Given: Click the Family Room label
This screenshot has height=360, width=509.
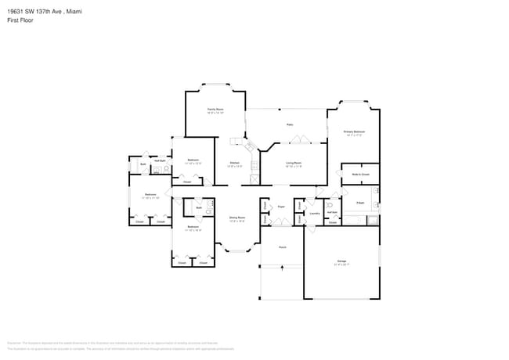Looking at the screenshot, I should (x=215, y=109).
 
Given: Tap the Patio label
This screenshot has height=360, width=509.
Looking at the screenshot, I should (x=289, y=124).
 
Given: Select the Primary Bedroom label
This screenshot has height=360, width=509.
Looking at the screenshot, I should (x=355, y=131).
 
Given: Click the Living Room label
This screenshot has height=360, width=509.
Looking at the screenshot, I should (x=294, y=162).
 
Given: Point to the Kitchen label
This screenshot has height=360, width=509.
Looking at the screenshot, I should (x=234, y=162).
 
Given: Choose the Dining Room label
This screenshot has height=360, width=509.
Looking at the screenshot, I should (x=237, y=218).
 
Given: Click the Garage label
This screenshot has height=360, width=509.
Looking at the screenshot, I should (x=341, y=261).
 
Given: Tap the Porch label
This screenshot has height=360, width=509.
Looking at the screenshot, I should (x=282, y=247).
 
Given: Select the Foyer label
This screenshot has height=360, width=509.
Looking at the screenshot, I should (x=280, y=207).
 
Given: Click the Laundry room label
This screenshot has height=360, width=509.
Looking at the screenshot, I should (x=314, y=212).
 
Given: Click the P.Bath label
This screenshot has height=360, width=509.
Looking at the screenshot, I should (x=360, y=203).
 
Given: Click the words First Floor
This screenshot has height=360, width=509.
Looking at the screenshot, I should (x=20, y=20).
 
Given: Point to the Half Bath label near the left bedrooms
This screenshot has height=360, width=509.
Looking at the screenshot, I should (x=159, y=160).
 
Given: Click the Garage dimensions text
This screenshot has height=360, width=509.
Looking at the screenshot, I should (x=341, y=265).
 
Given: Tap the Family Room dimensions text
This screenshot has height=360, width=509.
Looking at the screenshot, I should (x=215, y=113).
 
